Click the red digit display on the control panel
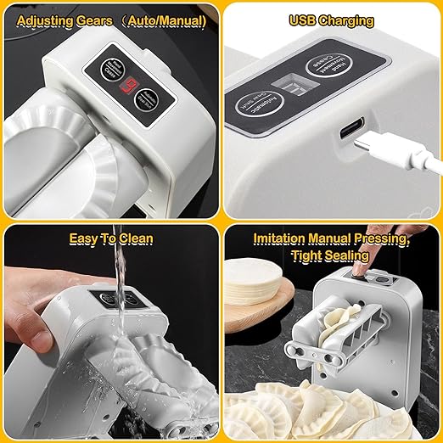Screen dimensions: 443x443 130,88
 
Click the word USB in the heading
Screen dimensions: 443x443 304,19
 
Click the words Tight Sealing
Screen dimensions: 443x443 331,255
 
